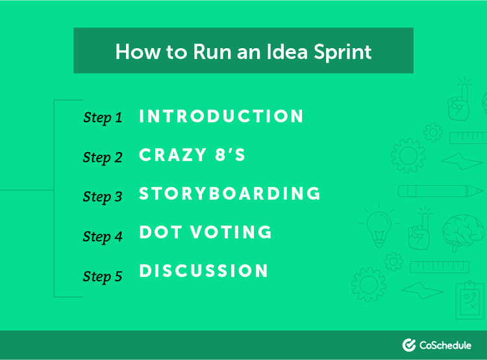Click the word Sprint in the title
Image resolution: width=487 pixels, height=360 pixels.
click(342, 51)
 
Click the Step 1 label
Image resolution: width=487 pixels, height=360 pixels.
click(103, 118)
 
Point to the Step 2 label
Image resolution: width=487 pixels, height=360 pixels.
click(103, 157)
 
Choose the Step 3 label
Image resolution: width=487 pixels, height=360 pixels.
click(103, 197)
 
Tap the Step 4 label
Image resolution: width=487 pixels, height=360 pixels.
click(103, 237)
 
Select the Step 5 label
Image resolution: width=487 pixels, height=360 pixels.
click(103, 276)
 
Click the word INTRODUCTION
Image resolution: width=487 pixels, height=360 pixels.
click(221, 116)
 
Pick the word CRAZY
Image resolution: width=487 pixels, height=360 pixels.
click(171, 155)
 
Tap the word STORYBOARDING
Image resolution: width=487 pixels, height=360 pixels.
click(230, 194)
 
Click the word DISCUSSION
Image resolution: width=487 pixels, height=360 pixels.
click(204, 272)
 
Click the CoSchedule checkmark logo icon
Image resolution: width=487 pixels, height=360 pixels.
click(409, 345)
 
